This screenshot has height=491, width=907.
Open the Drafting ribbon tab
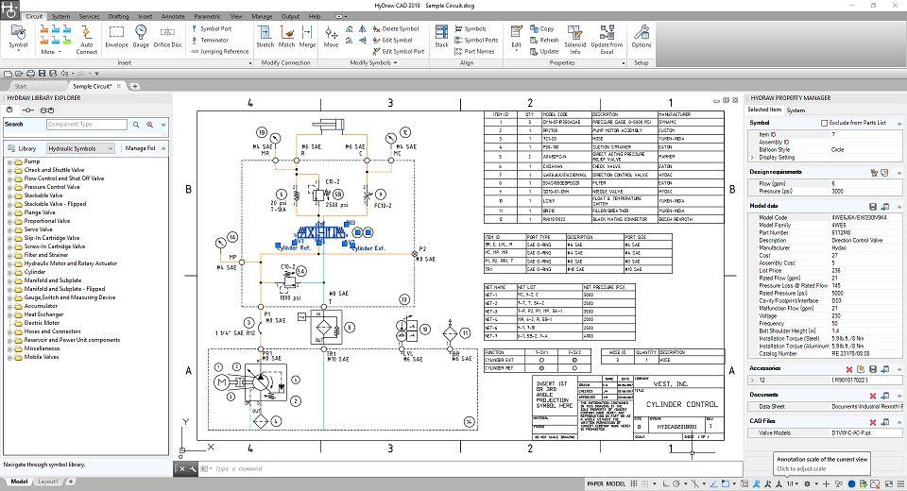click(x=118, y=16)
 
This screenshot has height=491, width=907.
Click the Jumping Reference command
click(x=222, y=52)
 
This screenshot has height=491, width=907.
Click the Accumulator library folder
click(x=41, y=306)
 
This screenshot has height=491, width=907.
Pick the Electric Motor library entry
click(x=43, y=323)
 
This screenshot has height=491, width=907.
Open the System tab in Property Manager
click(x=796, y=110)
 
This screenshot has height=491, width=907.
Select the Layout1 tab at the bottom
click(x=47, y=482)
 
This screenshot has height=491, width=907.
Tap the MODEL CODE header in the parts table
click(x=550, y=114)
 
